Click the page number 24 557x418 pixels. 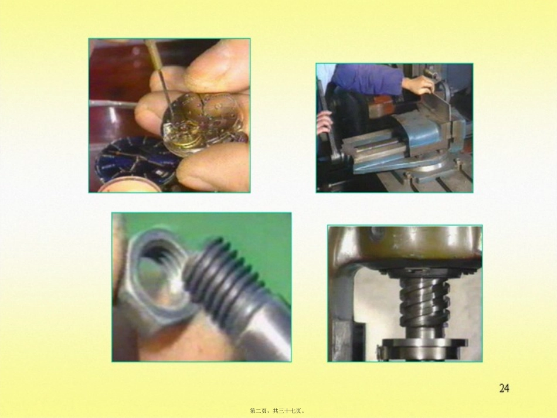coord(504,388)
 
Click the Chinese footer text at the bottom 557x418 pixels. coord(277,411)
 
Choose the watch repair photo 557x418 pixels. coord(169,115)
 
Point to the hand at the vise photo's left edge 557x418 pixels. coord(324,123)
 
